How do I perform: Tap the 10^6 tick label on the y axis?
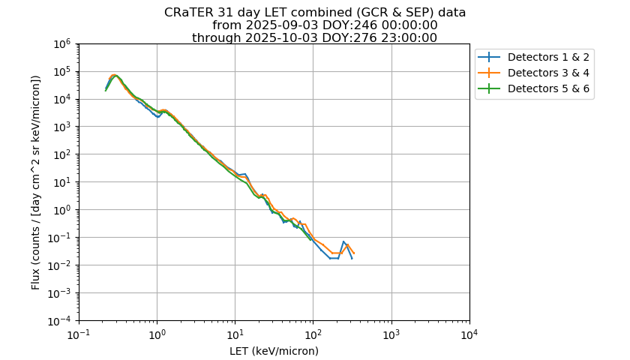[62, 43]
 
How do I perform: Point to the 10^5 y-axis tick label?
[62, 71]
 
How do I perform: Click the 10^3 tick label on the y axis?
[62, 127]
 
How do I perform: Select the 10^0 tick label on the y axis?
[62, 210]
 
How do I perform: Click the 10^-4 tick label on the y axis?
[60, 321]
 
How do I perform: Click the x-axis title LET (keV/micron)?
[274, 351]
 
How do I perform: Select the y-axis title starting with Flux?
[35, 181]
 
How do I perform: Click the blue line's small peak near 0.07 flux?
[343, 241]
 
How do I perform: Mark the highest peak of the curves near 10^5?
[115, 75]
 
